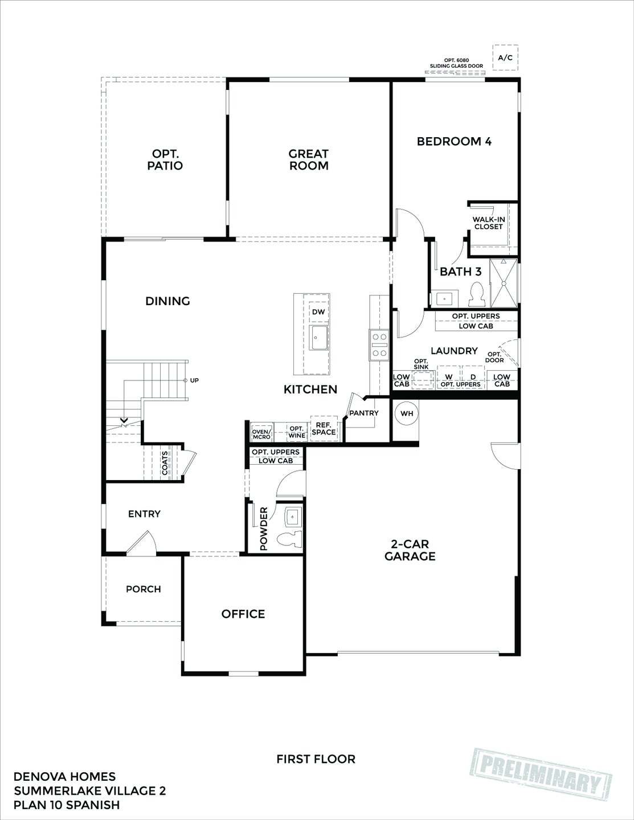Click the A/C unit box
coord(505,58)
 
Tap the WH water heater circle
coord(407,413)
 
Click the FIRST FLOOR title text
coord(316,759)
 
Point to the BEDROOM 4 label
coord(454,141)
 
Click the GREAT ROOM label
coord(308,159)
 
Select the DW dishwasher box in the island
coord(318,312)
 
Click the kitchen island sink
coord(318,338)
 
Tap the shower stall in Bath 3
coord(504,283)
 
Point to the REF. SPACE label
coord(324,429)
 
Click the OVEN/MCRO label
coord(261,433)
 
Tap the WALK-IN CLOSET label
coord(488,223)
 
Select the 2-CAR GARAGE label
coord(410,551)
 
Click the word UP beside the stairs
coord(194,380)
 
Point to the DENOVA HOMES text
coord(64,777)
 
